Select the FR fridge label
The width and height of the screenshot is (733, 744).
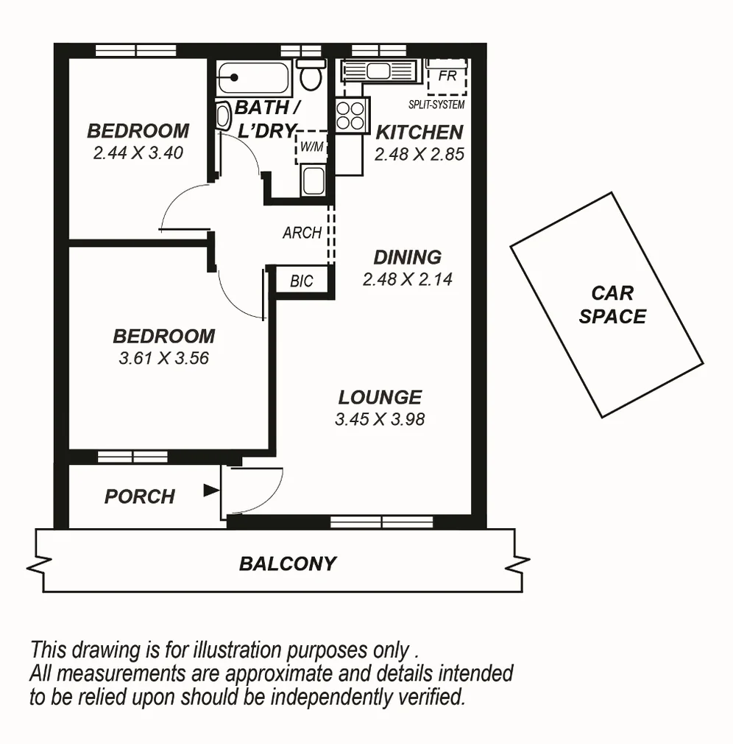tap(446, 76)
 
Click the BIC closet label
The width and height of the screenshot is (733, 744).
tap(302, 281)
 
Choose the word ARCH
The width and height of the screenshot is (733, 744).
tap(302, 233)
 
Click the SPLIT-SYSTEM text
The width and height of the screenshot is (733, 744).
tap(436, 105)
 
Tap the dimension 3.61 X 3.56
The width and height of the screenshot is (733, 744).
tap(163, 359)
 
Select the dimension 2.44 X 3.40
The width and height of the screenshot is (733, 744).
tap(138, 153)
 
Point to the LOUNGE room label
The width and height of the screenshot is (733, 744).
tap(380, 398)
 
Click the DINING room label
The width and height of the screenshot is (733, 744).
tap(408, 258)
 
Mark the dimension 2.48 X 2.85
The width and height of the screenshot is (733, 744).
tap(419, 155)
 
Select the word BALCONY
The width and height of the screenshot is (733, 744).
tap(288, 564)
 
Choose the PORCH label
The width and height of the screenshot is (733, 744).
tap(140, 496)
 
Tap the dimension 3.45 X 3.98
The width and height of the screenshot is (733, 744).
tap(380, 420)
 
